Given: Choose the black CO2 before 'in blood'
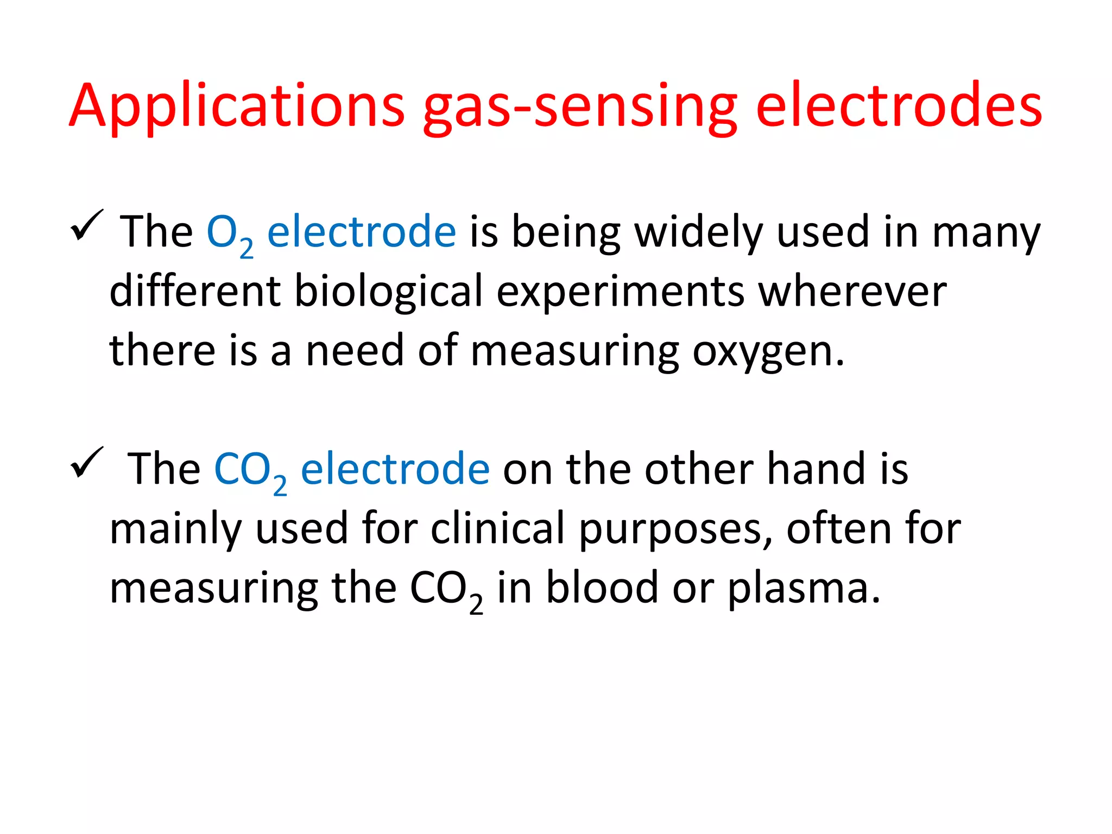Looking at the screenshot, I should tap(446, 590).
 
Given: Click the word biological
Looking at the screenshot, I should tap(388, 292).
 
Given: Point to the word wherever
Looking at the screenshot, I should tap(852, 292).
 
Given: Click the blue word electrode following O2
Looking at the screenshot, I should tap(362, 232).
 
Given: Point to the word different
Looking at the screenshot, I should tap(195, 292).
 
